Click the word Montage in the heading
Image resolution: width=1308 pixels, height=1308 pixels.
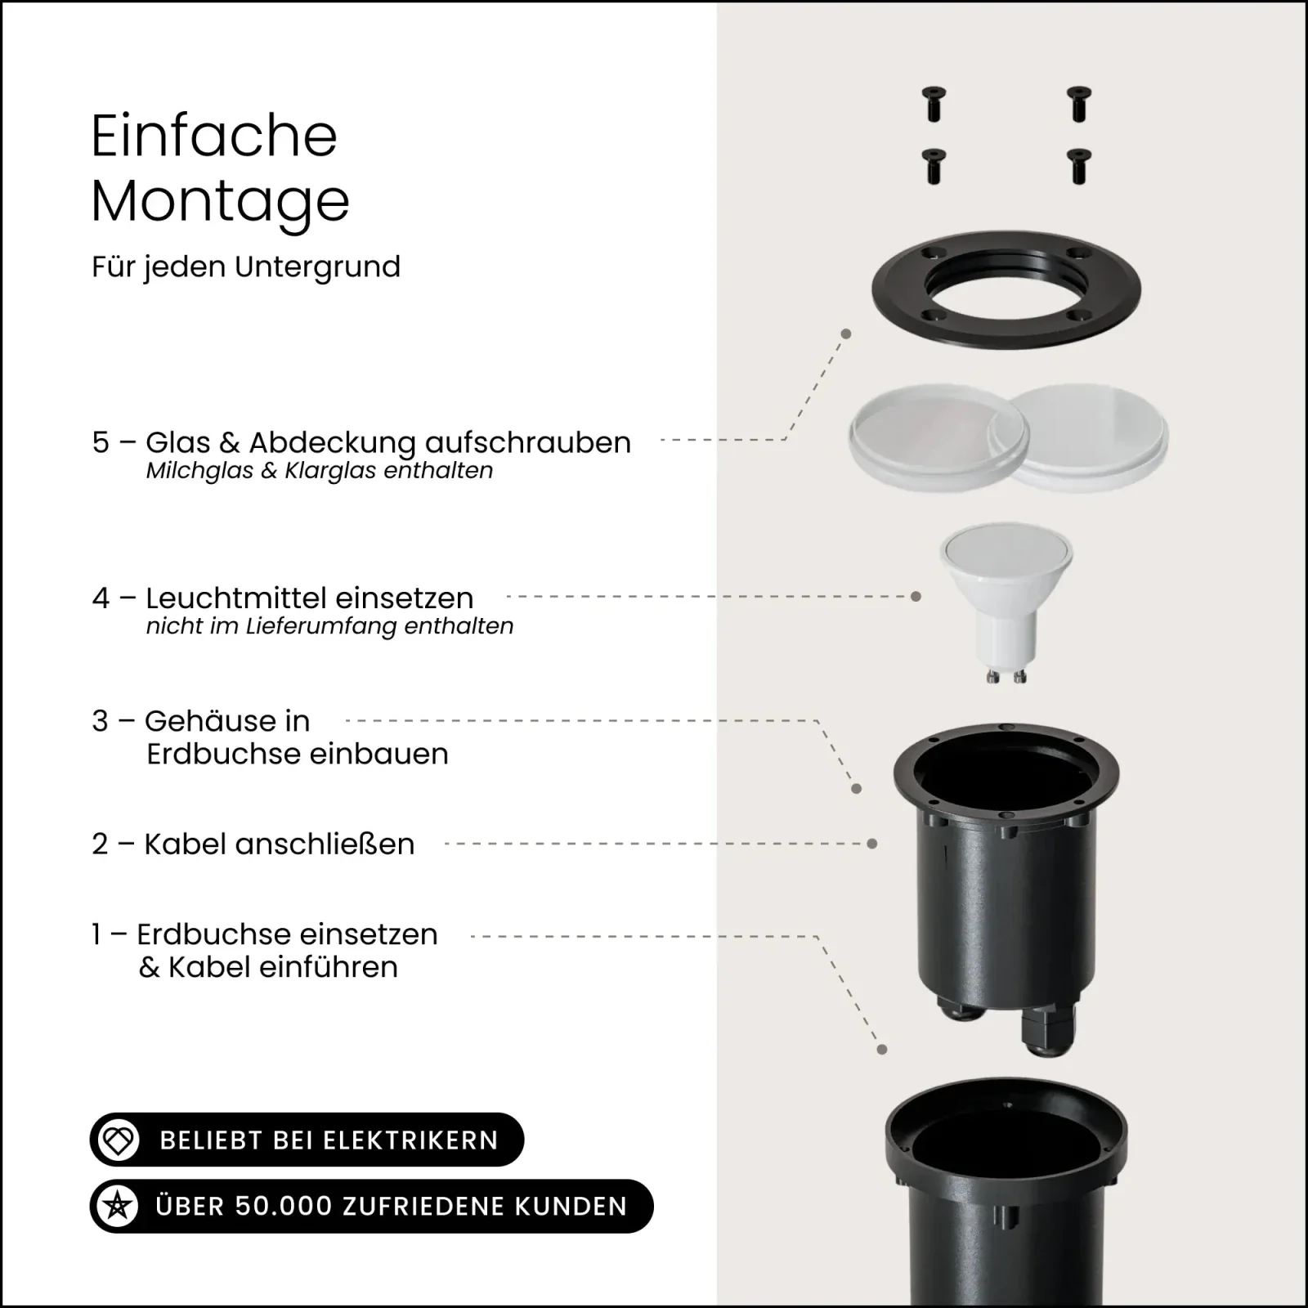[x=220, y=201]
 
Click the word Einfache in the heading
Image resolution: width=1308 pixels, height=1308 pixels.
[x=214, y=136]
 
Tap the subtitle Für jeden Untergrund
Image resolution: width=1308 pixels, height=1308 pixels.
[x=246, y=267]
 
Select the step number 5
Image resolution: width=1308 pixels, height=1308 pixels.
[x=101, y=442]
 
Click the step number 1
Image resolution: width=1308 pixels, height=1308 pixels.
[x=96, y=934]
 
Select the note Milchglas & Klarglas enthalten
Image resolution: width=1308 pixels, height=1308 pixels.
[x=320, y=471]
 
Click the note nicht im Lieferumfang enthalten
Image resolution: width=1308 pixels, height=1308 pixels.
[x=329, y=626]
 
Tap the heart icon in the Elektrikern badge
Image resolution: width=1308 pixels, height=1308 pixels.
[x=119, y=1140]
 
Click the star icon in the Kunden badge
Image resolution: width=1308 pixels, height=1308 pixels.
[x=118, y=1206]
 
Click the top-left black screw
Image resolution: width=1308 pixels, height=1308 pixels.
[x=934, y=104]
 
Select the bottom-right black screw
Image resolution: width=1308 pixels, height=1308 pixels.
[x=1080, y=165]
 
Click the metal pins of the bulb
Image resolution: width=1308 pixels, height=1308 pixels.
[x=1006, y=676]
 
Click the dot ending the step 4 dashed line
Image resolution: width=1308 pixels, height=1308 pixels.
[x=916, y=597]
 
